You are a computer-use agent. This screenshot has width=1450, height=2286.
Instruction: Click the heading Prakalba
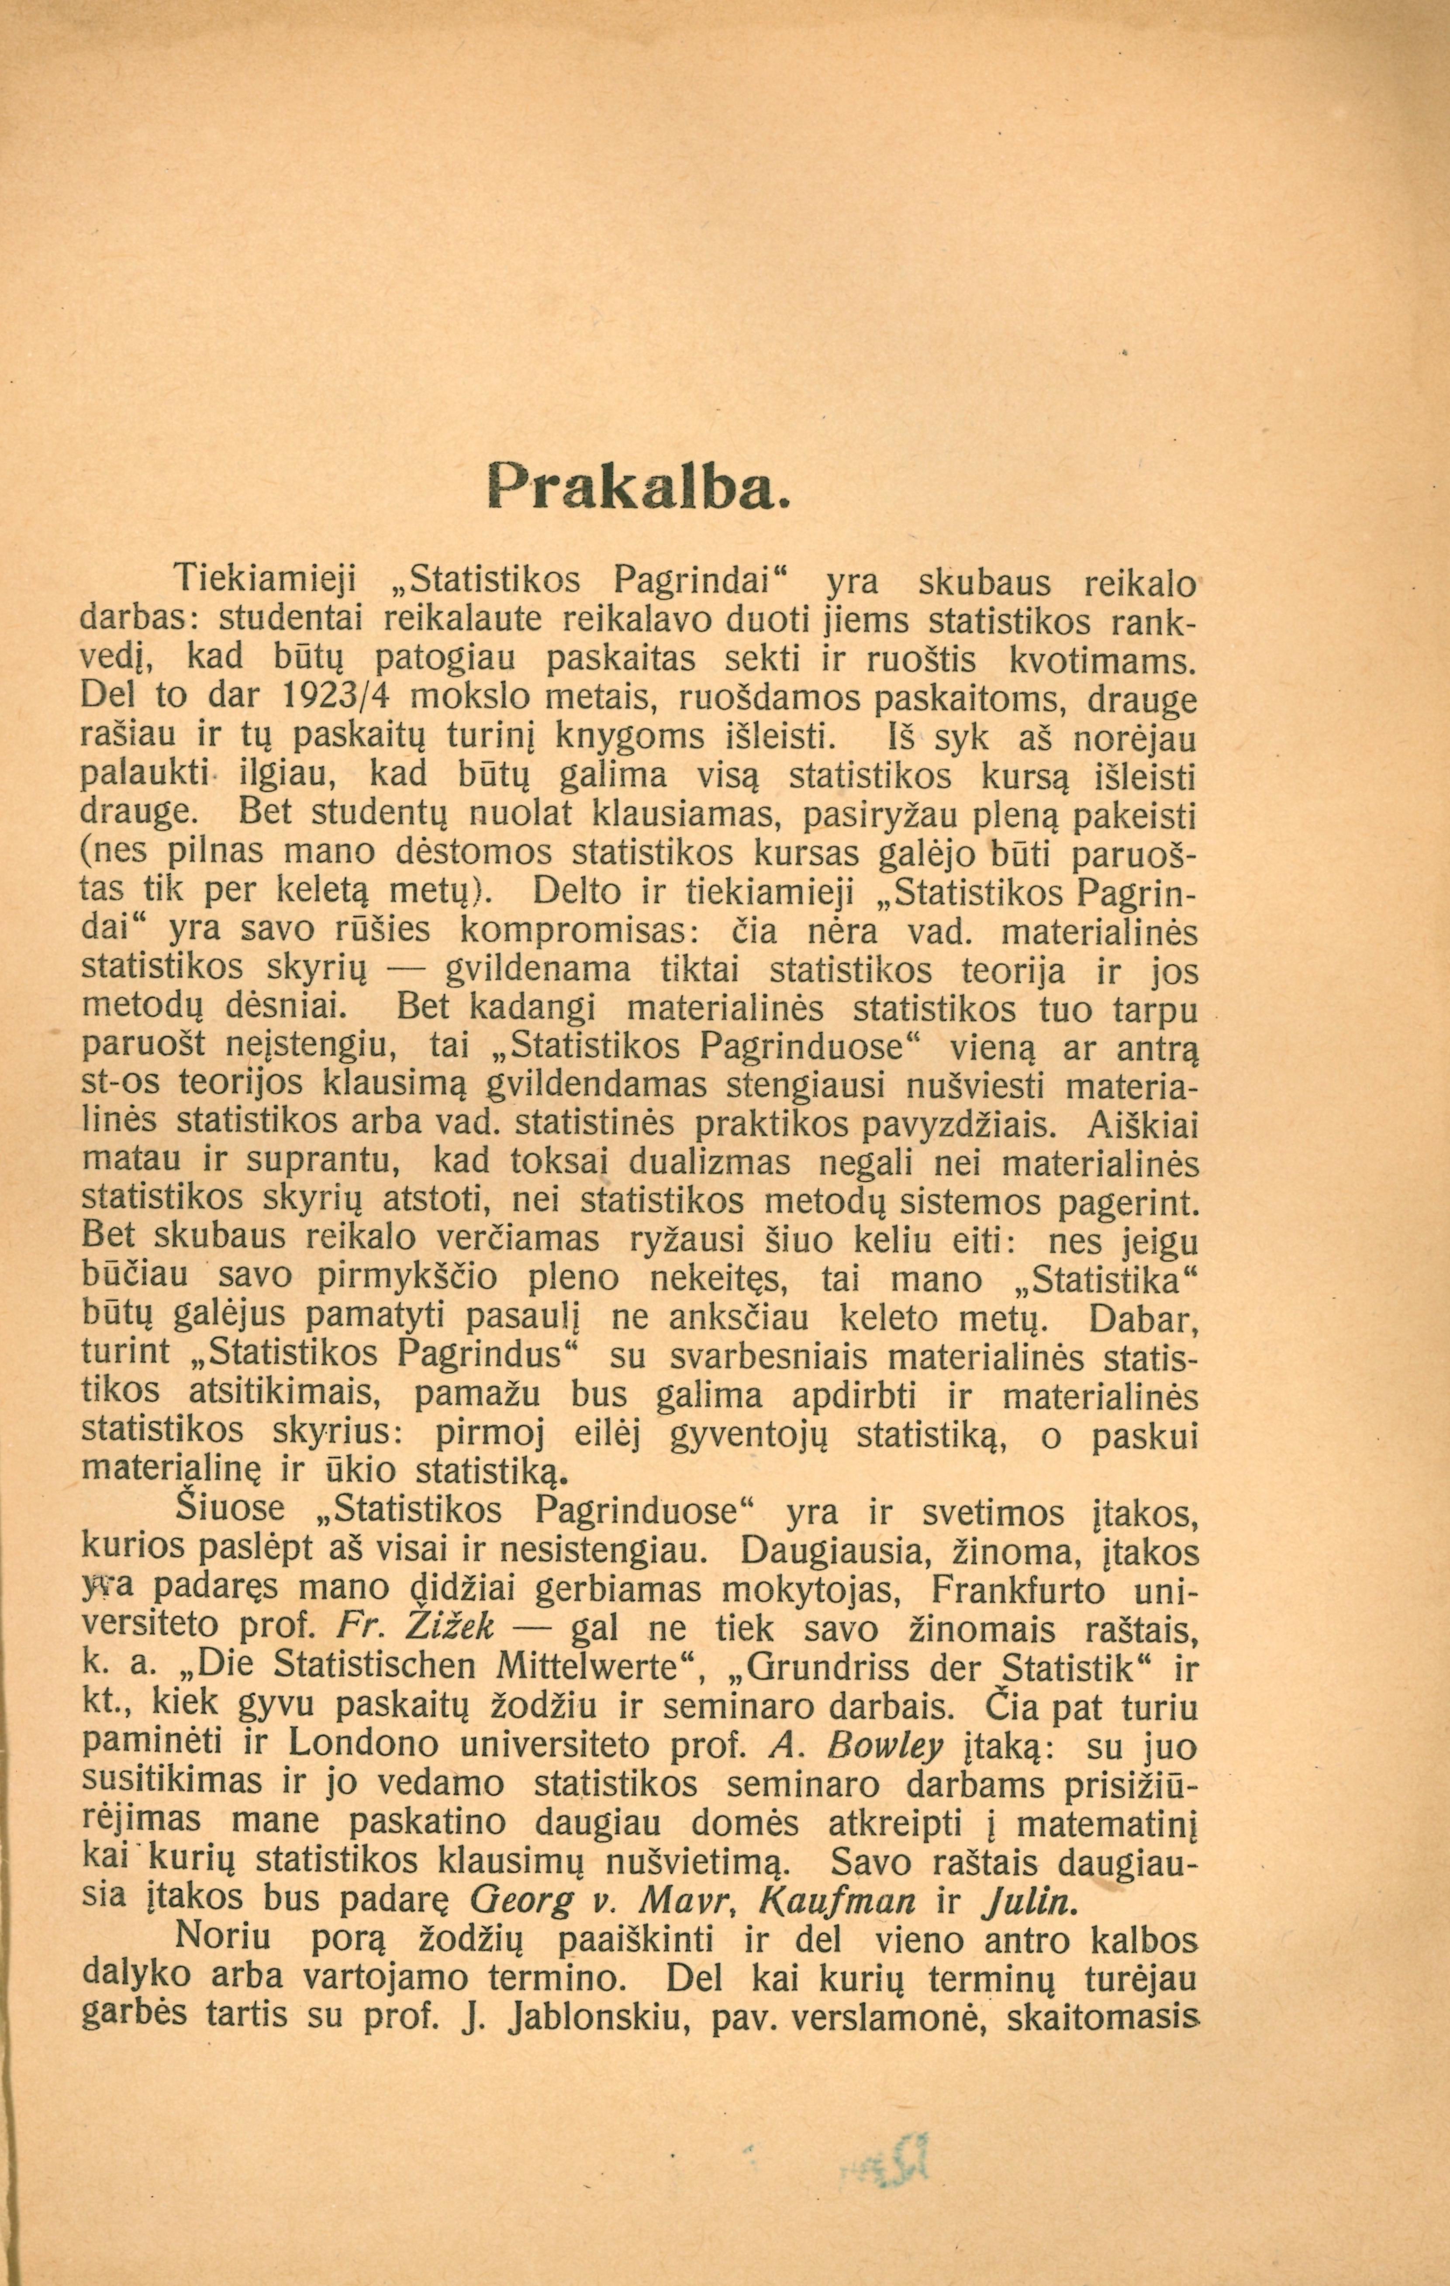(x=638, y=489)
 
